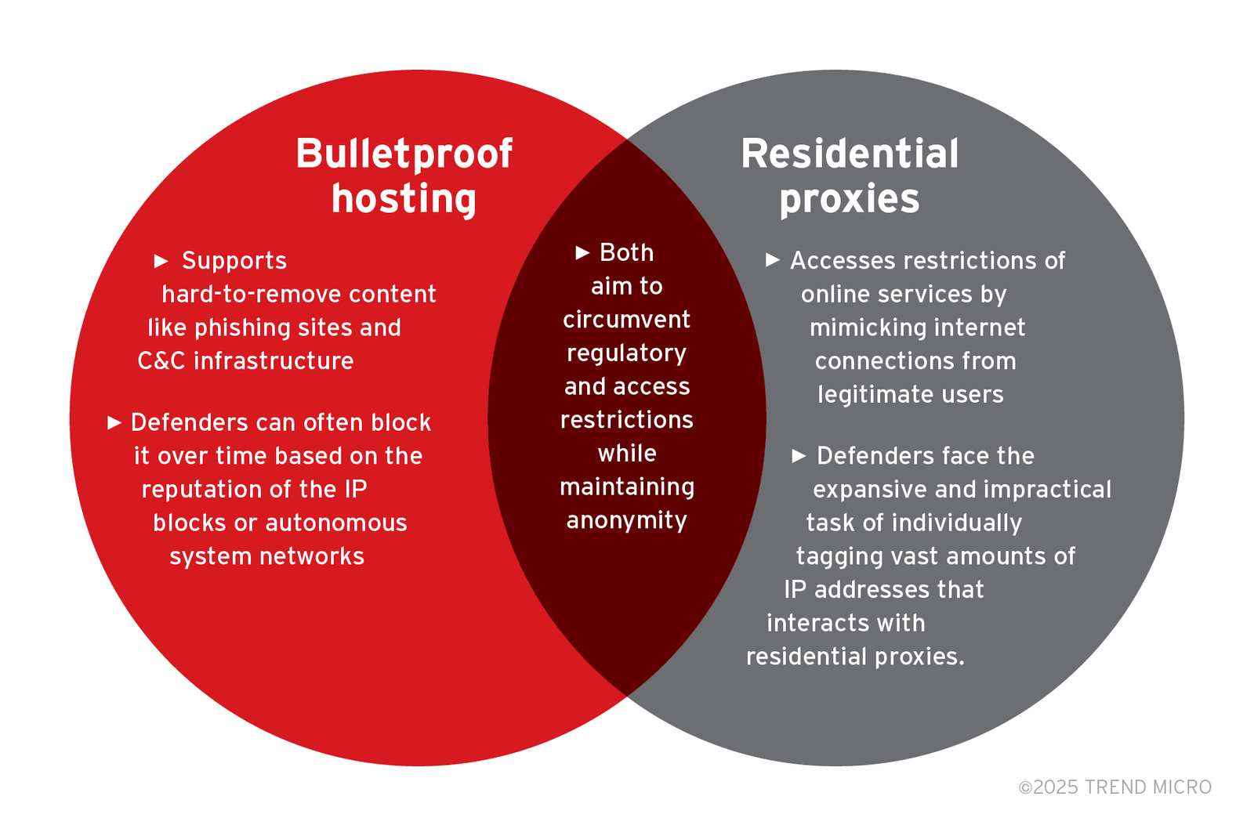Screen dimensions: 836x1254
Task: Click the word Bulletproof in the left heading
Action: coord(404,154)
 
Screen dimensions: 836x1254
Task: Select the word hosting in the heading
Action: coord(404,198)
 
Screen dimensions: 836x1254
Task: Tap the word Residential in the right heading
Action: coord(850,154)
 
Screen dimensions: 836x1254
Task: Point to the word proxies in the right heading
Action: coord(850,198)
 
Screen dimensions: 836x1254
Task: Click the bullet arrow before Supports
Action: coord(161,260)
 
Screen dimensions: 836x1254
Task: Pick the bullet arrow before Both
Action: coord(582,252)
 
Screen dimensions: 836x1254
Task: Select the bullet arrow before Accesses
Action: coord(773,259)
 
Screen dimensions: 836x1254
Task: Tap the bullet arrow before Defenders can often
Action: coord(114,422)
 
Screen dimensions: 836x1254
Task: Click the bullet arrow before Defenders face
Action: coord(799,455)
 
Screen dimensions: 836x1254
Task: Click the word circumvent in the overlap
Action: coord(626,320)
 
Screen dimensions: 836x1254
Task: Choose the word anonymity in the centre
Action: coord(626,520)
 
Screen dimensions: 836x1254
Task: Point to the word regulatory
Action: coord(626,353)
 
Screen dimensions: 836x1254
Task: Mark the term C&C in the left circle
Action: coord(161,361)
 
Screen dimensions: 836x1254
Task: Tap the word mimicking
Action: coord(857,328)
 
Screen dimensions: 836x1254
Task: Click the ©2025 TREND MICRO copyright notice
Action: coord(1114,787)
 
